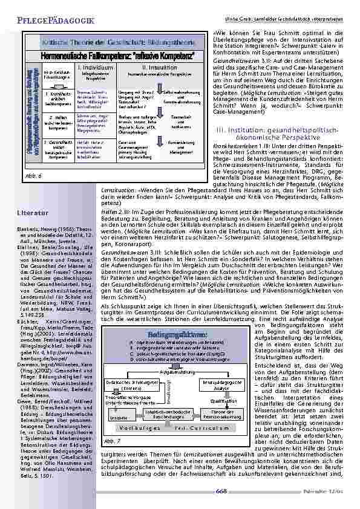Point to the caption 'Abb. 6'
coord(37,175)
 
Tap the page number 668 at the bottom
coord(221,491)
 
